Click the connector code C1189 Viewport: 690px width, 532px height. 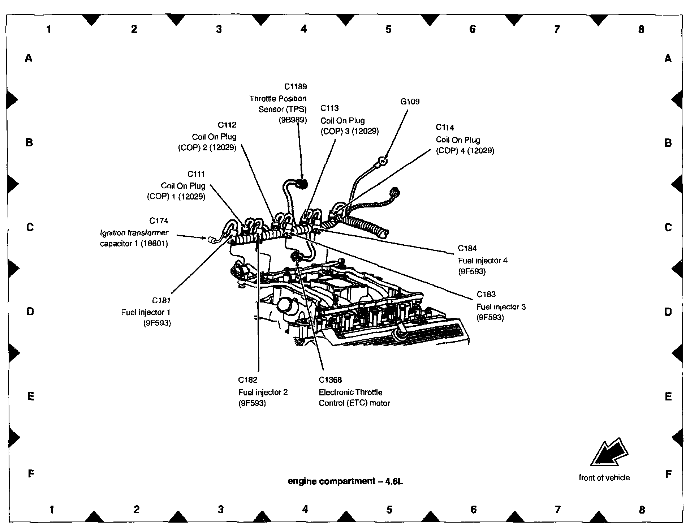(295, 87)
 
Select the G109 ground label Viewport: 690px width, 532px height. (410, 102)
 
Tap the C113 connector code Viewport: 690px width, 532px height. (329, 108)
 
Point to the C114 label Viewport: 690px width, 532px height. (445, 128)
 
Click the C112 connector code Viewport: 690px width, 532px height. (227, 125)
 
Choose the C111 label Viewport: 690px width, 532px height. (196, 174)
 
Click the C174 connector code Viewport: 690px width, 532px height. (158, 221)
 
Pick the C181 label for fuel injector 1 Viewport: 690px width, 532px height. (161, 300)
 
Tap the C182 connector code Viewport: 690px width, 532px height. (247, 380)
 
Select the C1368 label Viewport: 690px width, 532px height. (330, 380)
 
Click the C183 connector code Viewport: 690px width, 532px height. (486, 295)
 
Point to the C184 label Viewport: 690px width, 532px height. (467, 248)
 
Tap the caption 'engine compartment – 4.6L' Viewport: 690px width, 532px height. (345, 481)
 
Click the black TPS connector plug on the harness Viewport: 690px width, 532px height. (302, 184)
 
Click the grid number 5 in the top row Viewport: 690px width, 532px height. (388, 29)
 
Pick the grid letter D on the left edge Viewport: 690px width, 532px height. (30, 312)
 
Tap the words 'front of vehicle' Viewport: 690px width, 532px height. (604, 478)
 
